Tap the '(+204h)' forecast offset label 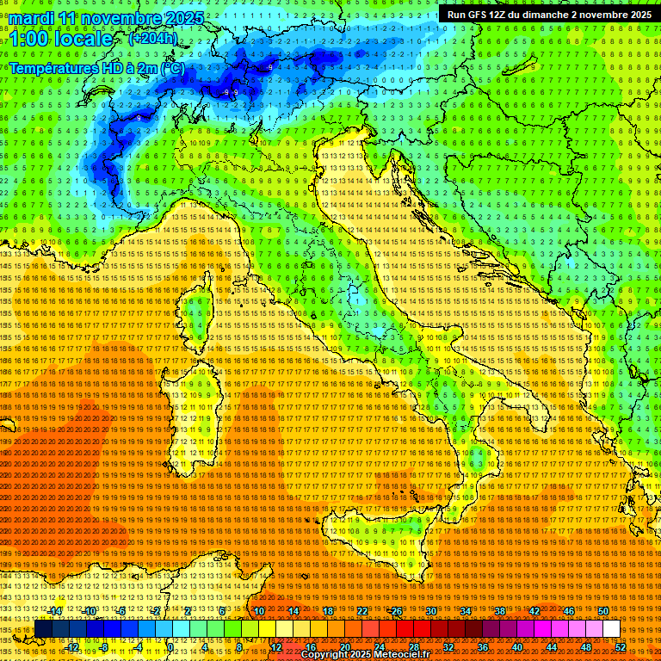click(153, 38)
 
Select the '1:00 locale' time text click(60, 39)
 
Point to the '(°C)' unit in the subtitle click(170, 67)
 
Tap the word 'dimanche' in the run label click(560, 15)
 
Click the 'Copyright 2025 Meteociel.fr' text click(371, 654)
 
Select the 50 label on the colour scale click(602, 610)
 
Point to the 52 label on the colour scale click(620, 647)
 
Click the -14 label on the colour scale click(55, 610)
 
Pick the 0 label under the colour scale click(171, 647)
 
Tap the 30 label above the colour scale click(430, 610)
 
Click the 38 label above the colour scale click(499, 610)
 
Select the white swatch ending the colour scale click(611, 629)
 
